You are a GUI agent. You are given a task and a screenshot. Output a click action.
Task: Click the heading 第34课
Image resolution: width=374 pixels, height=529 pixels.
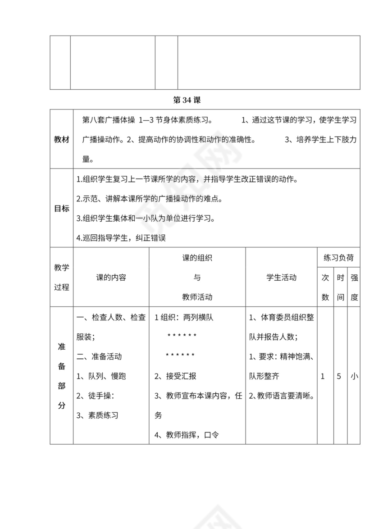tap(187, 100)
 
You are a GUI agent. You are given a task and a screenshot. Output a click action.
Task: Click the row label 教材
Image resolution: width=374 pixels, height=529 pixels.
tap(62, 140)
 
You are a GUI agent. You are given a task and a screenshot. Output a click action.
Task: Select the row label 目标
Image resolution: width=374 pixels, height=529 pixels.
tap(62, 208)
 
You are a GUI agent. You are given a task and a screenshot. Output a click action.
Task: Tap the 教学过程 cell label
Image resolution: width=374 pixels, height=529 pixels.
tap(62, 277)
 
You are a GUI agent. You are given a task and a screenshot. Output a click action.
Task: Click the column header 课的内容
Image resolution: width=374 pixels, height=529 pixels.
tap(111, 278)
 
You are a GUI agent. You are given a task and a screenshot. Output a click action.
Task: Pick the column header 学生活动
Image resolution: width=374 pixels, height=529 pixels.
tap(282, 278)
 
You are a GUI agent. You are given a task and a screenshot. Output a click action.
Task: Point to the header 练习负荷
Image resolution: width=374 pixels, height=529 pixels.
tap(338, 258)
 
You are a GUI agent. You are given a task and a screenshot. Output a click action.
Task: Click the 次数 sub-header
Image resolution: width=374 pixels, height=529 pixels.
tap(325, 287)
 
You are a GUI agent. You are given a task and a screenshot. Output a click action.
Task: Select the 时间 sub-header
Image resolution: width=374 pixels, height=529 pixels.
tap(341, 287)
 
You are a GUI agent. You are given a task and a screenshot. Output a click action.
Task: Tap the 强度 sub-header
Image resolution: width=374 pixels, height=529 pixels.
tap(354, 287)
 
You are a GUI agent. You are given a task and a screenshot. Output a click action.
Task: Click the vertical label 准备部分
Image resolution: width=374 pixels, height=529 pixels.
tap(62, 376)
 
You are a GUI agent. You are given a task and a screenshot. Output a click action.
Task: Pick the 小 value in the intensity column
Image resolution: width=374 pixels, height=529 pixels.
tap(354, 376)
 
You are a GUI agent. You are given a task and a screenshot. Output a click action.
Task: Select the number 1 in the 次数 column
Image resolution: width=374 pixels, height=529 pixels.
tap(323, 376)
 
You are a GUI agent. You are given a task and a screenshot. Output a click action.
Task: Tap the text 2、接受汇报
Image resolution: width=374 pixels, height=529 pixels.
tap(175, 376)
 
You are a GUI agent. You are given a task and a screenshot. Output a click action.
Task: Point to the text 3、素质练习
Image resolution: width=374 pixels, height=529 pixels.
tap(97, 415)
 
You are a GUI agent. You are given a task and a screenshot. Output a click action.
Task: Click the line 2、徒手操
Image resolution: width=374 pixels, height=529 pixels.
tap(96, 396)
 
